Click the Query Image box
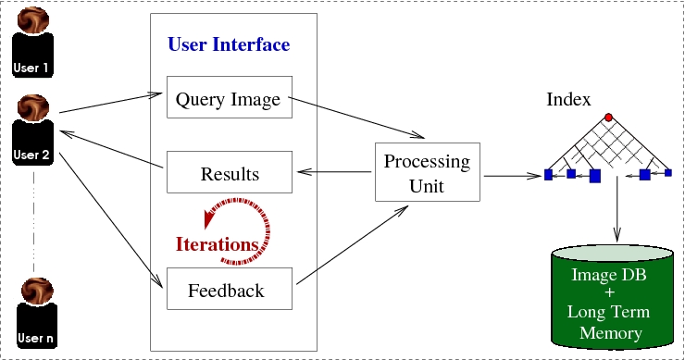[x=228, y=99]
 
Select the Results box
[x=229, y=174]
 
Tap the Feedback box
[x=227, y=291]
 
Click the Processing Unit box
[x=427, y=173]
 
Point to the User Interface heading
[x=228, y=44]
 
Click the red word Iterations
[x=217, y=244]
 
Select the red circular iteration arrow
[x=243, y=221]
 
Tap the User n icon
[x=33, y=316]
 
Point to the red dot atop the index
[x=608, y=118]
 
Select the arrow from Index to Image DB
[x=616, y=213]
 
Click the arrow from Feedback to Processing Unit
[x=352, y=242]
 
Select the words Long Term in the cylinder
[x=614, y=314]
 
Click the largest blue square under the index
[x=594, y=176]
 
